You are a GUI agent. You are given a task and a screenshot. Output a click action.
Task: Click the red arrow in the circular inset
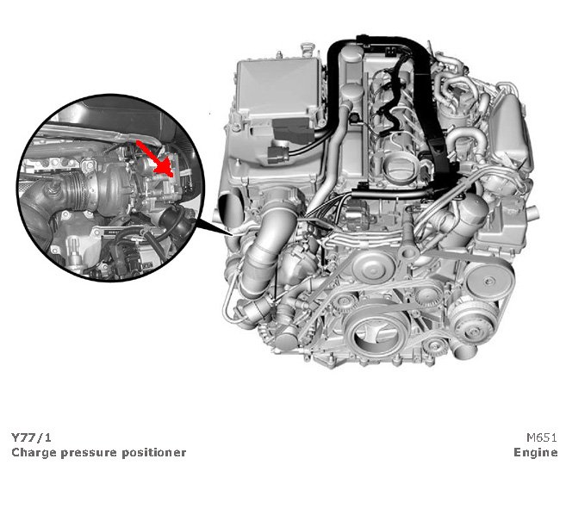tap(154, 158)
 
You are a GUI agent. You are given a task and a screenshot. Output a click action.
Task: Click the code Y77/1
tap(31, 437)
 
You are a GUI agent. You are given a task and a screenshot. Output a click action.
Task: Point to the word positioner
tap(153, 453)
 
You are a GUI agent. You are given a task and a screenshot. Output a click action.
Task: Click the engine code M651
tap(542, 437)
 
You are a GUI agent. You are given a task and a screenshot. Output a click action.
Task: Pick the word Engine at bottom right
tap(536, 453)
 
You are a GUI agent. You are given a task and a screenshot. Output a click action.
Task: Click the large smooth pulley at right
tap(488, 281)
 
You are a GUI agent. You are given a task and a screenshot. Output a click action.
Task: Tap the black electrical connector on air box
tap(278, 152)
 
